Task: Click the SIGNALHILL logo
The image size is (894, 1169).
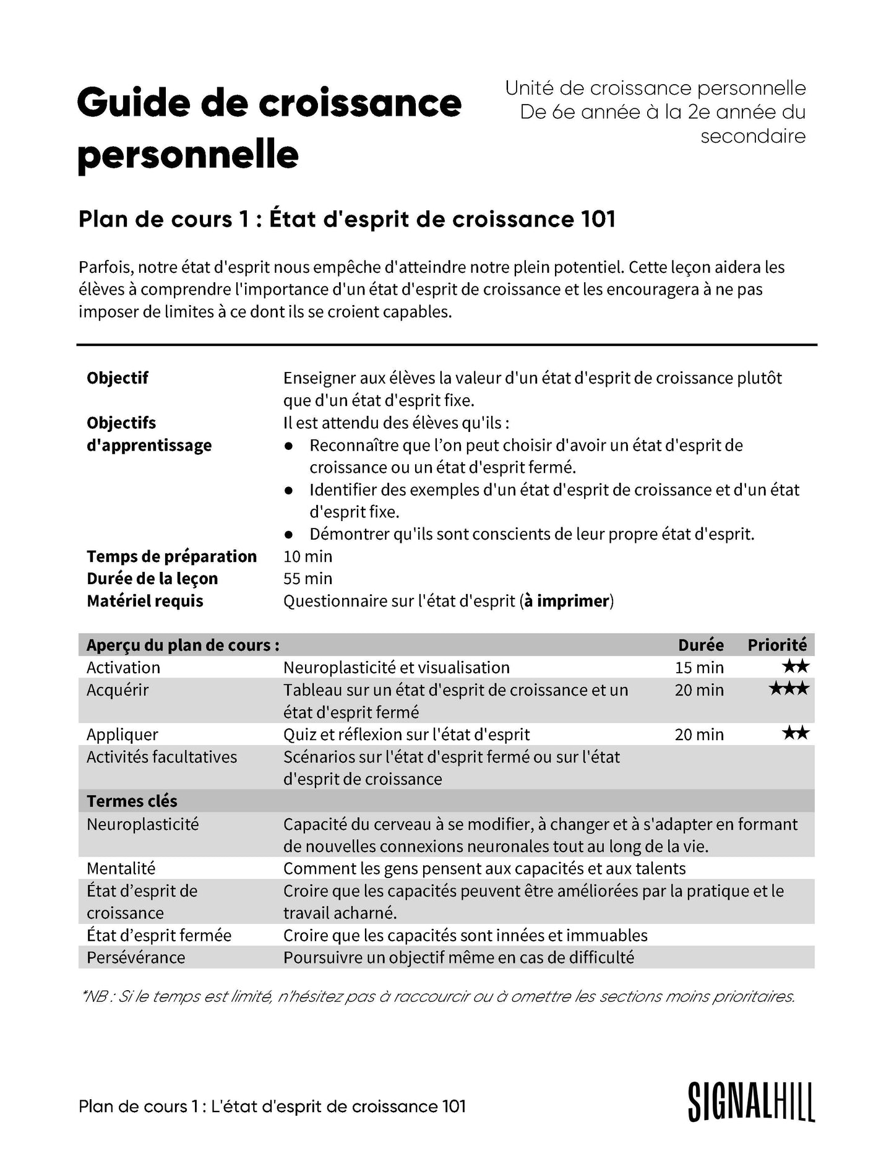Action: [x=751, y=1103]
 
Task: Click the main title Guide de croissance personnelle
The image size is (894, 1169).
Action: [x=269, y=128]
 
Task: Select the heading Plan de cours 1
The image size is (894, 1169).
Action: [x=346, y=219]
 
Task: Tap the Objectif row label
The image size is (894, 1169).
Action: [x=118, y=378]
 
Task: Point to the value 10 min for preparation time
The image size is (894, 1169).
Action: [x=307, y=556]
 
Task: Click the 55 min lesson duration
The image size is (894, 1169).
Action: [x=307, y=579]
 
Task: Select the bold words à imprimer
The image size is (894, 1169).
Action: [x=567, y=601]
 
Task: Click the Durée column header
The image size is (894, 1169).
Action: [x=700, y=645]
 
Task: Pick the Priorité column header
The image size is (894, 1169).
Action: [x=777, y=645]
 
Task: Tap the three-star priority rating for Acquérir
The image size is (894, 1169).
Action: [x=789, y=689]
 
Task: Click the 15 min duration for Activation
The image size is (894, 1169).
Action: [x=699, y=667]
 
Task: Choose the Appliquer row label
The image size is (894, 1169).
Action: [x=122, y=735]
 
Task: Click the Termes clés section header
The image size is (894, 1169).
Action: [x=132, y=801]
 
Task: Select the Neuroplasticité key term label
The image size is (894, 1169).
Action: [x=143, y=824]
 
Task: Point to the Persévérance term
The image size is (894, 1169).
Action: [x=136, y=957]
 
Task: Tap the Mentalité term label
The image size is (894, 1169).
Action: [x=121, y=868]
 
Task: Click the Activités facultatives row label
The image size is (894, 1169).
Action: [x=162, y=757]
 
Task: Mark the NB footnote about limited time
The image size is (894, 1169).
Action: [x=437, y=996]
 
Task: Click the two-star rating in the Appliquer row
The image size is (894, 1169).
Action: [x=795, y=734]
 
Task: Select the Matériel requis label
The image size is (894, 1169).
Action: [x=145, y=601]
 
